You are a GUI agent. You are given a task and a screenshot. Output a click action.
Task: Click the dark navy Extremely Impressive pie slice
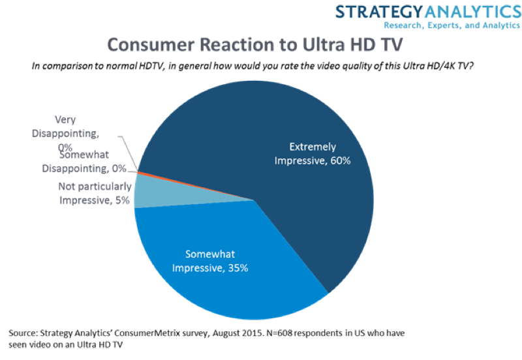274,130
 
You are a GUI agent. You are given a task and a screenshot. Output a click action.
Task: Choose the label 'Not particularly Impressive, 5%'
95,194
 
